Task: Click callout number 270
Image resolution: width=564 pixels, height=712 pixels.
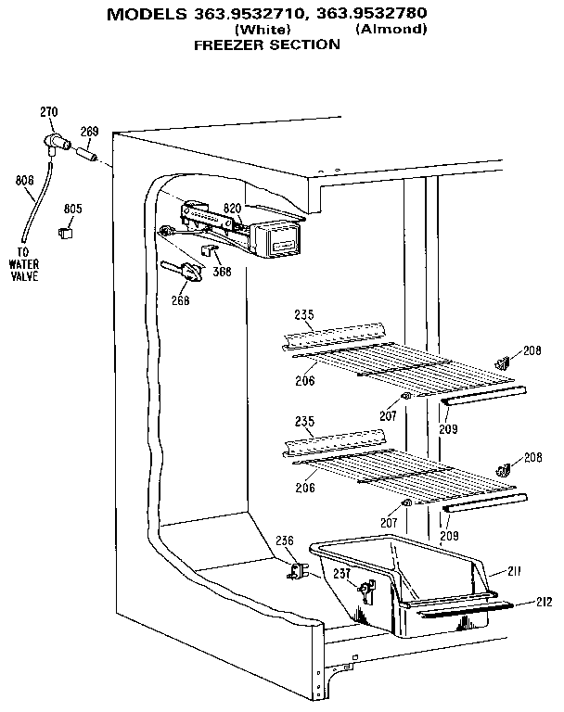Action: [48, 113]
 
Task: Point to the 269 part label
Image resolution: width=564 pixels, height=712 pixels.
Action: [89, 132]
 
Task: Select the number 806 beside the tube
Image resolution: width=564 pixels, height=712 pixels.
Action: [25, 181]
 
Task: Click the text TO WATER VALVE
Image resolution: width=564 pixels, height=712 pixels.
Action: [24, 264]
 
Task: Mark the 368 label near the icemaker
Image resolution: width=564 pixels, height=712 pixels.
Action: [224, 272]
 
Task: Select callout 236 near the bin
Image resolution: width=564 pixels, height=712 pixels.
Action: [285, 540]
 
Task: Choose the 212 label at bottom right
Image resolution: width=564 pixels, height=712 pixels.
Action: [545, 603]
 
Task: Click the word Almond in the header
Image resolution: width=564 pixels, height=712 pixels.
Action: [391, 29]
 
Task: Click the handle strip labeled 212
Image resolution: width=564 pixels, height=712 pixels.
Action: [464, 610]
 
